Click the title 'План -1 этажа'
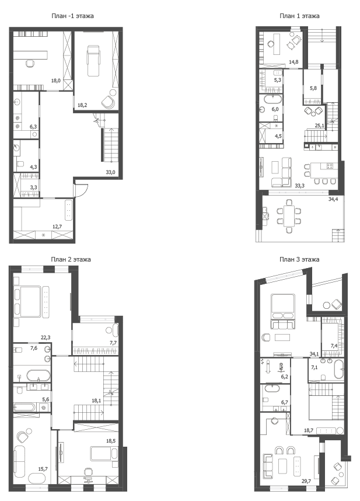point(72,16)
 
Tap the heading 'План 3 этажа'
point(299,259)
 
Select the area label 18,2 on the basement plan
point(82,105)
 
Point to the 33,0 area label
point(110,172)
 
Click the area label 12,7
point(57,227)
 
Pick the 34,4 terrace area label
point(333,199)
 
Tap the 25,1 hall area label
point(319,126)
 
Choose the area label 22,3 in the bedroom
point(46,337)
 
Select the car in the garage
point(93,61)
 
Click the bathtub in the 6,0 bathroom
point(270,99)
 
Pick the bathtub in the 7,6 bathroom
point(39,375)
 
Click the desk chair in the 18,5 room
point(88,473)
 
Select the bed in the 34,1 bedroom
point(282,306)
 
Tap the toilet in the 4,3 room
point(20,165)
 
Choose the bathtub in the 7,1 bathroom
point(338,369)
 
